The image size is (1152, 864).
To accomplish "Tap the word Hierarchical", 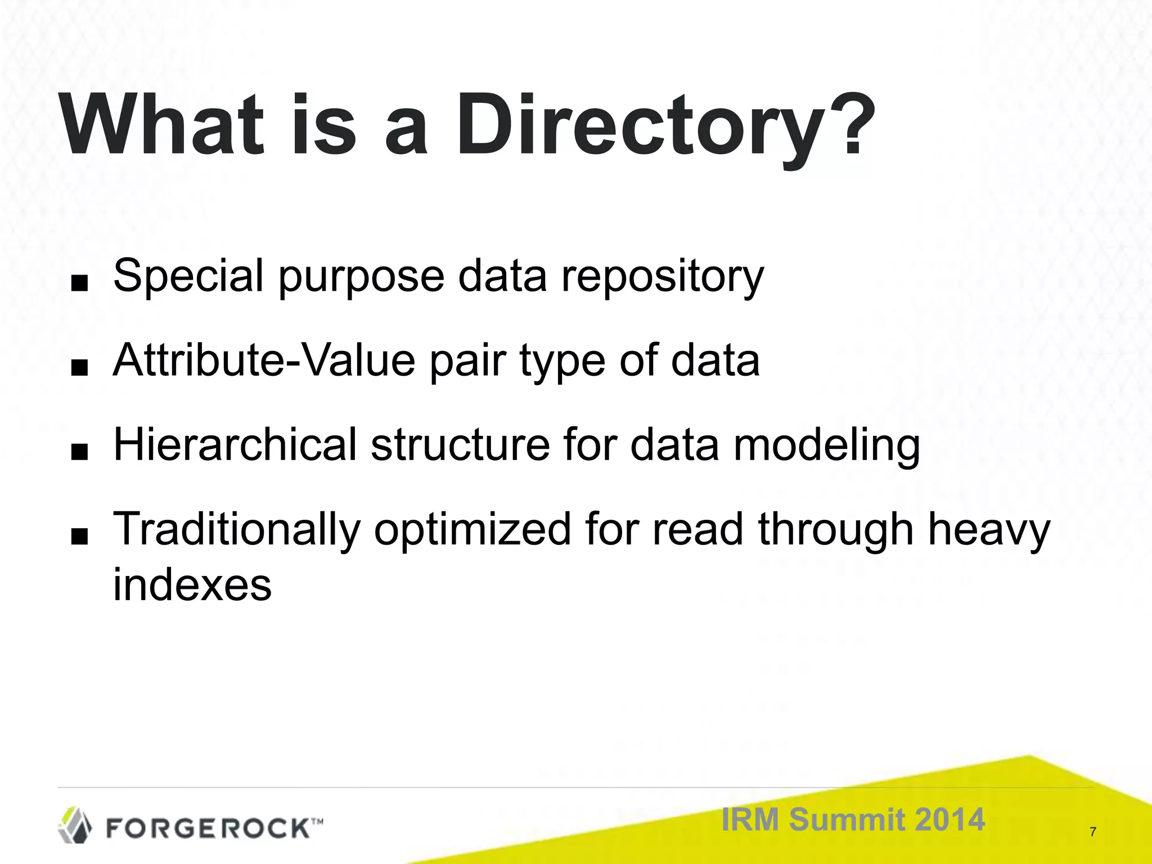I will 235,445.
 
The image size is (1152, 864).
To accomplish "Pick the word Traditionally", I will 237,530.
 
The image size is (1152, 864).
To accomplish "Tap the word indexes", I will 192,586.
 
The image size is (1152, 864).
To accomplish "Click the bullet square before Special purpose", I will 80,284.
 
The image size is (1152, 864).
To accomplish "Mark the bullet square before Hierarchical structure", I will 80,452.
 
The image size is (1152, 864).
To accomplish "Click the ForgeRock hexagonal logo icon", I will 75,825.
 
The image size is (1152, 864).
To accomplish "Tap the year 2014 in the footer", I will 950,820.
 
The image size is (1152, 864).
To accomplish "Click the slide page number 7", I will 1093,832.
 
